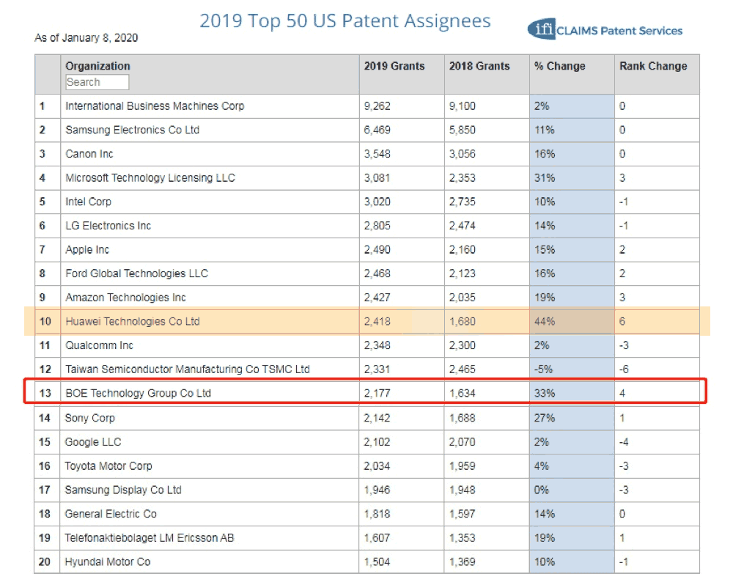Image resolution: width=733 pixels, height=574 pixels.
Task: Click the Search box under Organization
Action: [x=97, y=82]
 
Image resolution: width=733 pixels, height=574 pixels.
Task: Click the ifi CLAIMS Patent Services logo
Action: [x=605, y=30]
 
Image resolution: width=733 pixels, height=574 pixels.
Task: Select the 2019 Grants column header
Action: [x=394, y=66]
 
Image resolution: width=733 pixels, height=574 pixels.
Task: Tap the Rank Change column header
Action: [x=653, y=66]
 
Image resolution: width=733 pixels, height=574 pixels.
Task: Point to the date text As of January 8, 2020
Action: [x=86, y=37]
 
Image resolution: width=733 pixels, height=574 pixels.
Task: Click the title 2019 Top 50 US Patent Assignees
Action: [x=345, y=21]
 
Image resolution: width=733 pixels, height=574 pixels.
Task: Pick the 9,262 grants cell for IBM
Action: [x=377, y=106]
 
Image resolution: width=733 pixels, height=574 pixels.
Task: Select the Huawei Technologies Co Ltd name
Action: [x=133, y=321]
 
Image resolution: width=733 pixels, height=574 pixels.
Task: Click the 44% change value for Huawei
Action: [x=545, y=321]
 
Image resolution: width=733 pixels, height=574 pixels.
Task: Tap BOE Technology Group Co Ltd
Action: [x=138, y=393]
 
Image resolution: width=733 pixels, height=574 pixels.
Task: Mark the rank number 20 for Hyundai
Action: [x=46, y=562]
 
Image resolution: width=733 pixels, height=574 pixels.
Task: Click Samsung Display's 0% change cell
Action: [x=542, y=490]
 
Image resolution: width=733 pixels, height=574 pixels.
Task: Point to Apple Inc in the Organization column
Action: [x=87, y=250]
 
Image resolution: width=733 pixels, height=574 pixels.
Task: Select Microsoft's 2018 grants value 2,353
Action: [x=463, y=178]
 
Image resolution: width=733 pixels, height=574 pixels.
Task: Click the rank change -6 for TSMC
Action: [x=625, y=369]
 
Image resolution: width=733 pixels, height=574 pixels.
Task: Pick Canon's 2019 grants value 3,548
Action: [x=377, y=154]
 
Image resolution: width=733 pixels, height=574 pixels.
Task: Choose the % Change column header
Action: [x=560, y=66]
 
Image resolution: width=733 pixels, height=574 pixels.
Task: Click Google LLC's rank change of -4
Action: [x=625, y=442]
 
